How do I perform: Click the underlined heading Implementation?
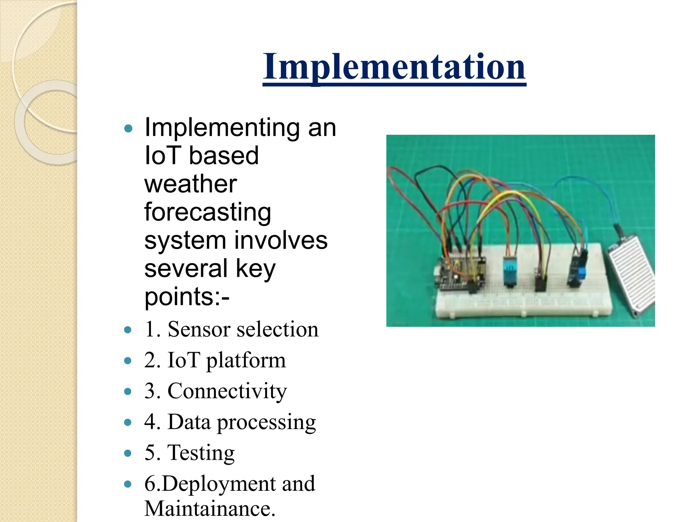pyautogui.click(x=394, y=67)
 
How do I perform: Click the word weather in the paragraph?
pyautogui.click(x=190, y=184)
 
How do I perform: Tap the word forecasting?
pyautogui.click(x=207, y=212)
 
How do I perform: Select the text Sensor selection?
pyautogui.click(x=243, y=329)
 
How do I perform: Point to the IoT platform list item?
pyautogui.click(x=215, y=360)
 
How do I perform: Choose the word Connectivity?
pyautogui.click(x=227, y=391)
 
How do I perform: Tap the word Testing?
pyautogui.click(x=201, y=453)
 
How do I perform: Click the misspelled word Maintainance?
pyautogui.click(x=209, y=509)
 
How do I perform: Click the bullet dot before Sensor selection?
pyautogui.click(x=128, y=330)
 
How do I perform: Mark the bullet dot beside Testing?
pyautogui.click(x=128, y=453)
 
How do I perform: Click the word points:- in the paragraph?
pyautogui.click(x=187, y=297)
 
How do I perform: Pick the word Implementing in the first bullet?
pyautogui.click(x=222, y=127)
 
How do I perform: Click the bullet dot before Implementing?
pyautogui.click(x=128, y=128)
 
